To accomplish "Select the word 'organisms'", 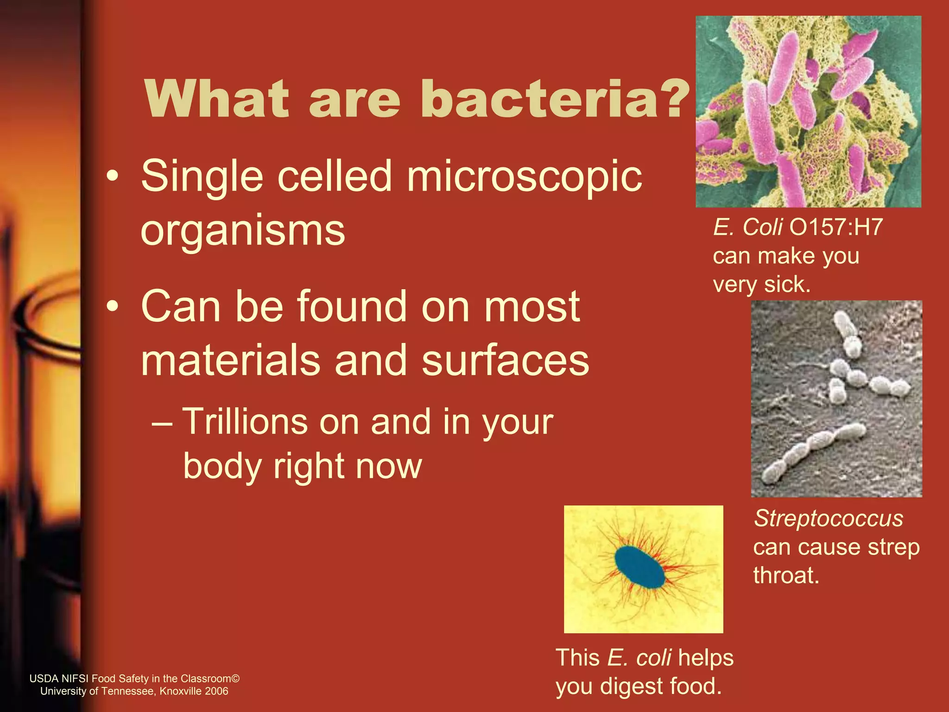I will (x=243, y=230).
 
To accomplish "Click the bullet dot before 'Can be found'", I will (x=112, y=307).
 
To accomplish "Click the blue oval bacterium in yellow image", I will (x=640, y=567).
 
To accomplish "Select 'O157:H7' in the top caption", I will (x=836, y=228).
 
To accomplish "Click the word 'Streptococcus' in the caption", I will (x=828, y=518).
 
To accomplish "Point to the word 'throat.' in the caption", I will (x=786, y=575).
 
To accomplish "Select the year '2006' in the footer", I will (x=217, y=691).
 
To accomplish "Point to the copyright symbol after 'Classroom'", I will (x=235, y=679).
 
